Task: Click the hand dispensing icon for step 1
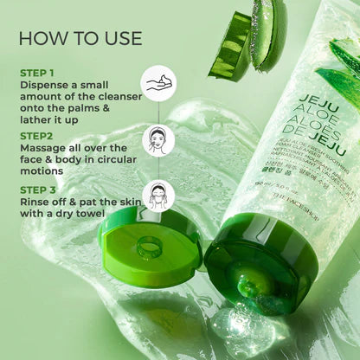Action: pos(157,84)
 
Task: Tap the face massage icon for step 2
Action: pos(157,139)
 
